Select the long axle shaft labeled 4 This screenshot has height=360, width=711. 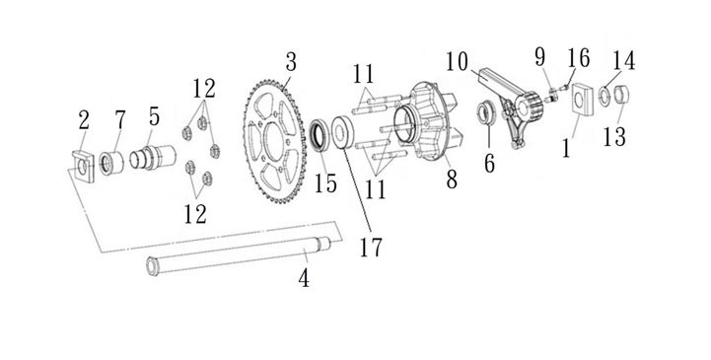click(239, 256)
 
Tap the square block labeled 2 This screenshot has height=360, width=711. click(84, 166)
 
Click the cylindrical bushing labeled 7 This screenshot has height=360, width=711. click(111, 163)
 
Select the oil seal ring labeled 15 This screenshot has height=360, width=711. click(320, 134)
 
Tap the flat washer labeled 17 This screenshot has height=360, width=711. click(342, 132)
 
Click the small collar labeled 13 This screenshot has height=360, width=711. click(621, 94)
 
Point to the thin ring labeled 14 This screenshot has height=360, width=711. click(604, 96)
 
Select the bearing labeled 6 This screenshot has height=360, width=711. click(485, 113)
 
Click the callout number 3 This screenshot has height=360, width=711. click(291, 62)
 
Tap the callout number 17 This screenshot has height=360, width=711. click(371, 247)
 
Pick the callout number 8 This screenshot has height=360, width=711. click(452, 180)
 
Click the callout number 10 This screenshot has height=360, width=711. click(458, 62)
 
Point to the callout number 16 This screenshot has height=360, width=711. click(578, 58)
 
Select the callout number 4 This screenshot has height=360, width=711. click(304, 277)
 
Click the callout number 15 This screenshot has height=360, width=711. click(326, 183)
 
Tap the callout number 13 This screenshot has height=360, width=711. click(614, 136)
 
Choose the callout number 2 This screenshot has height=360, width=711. click(84, 121)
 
